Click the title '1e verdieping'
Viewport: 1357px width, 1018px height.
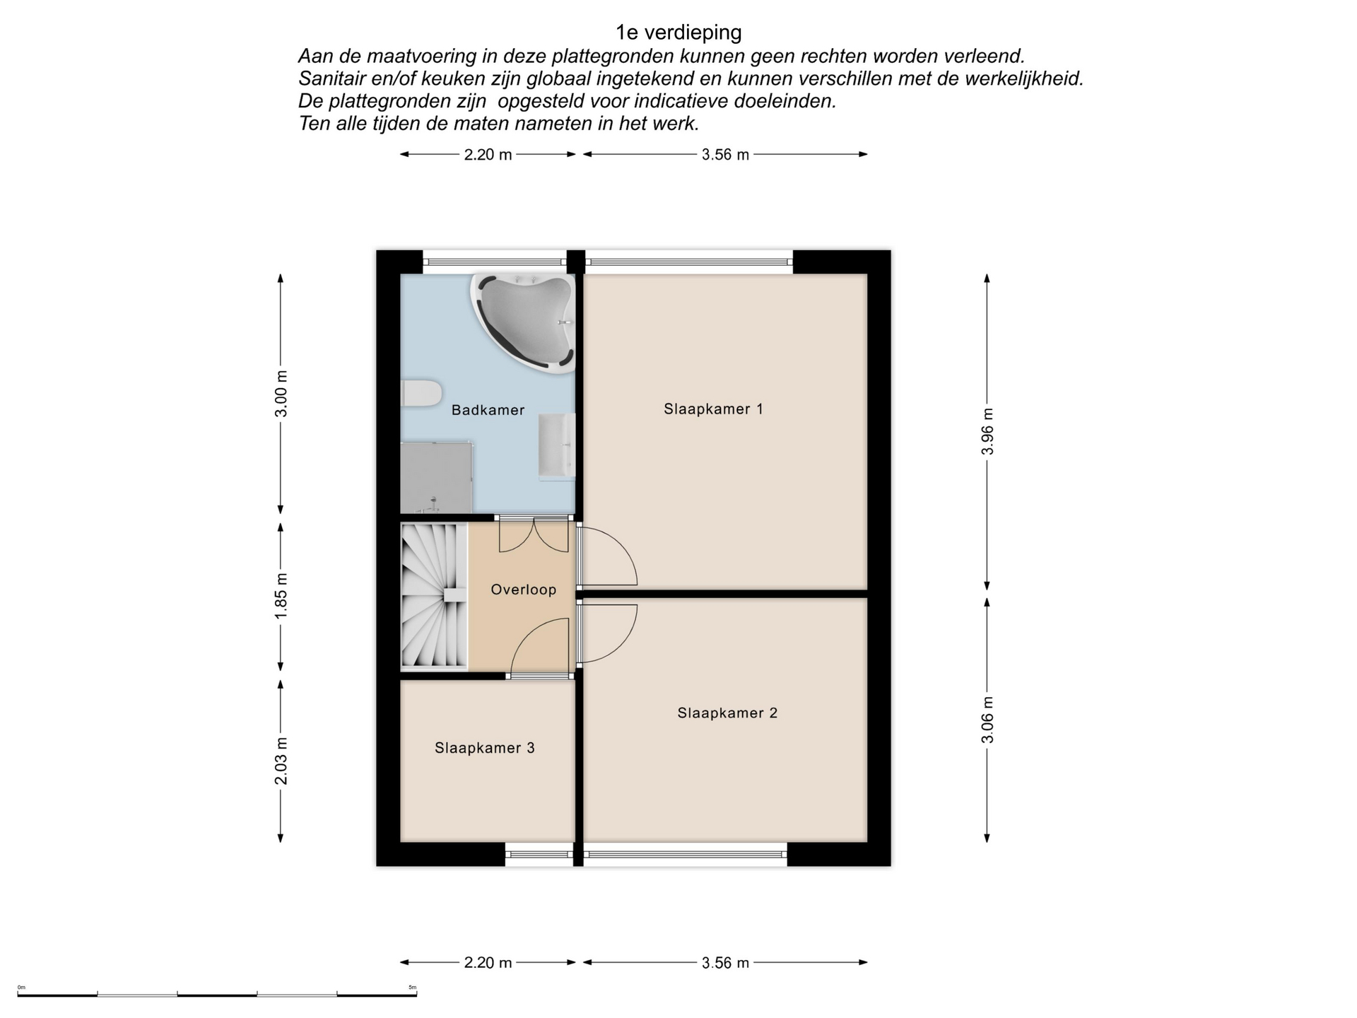678,33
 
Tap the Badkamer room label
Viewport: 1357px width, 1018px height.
488,410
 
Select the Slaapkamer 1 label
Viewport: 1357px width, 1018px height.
713,409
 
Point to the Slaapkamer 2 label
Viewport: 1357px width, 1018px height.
727,713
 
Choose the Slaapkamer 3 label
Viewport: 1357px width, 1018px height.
484,748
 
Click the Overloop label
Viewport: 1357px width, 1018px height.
523,590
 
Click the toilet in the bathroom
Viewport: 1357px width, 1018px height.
421,393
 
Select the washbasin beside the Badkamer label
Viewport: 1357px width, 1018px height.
557,447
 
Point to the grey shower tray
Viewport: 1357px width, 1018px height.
436,478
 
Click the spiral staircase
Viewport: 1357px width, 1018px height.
434,596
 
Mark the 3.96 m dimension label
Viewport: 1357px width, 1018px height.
987,431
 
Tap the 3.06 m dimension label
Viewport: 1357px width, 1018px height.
987,720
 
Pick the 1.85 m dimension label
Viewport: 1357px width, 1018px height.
281,595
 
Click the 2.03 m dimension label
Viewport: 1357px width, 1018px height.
281,761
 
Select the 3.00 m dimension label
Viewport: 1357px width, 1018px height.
281,394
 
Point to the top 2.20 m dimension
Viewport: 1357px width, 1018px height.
488,154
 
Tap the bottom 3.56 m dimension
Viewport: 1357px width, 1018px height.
725,963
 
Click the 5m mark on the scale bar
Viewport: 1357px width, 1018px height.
413,988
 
